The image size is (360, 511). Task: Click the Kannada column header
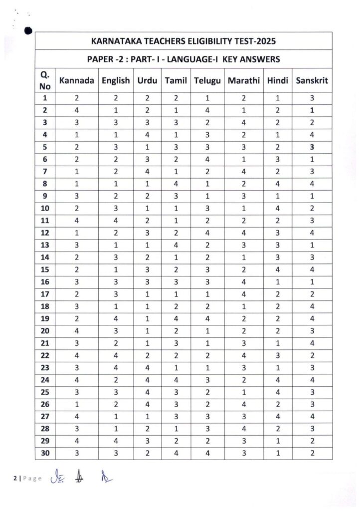[x=76, y=80]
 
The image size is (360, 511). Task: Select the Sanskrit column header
[x=312, y=80]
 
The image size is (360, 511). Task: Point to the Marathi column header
[x=244, y=80]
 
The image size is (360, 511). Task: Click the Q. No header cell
[x=45, y=80]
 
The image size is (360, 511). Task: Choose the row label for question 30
[x=45, y=453]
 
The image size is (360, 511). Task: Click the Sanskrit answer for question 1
[x=312, y=98]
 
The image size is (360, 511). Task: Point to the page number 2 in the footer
[x=14, y=479]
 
